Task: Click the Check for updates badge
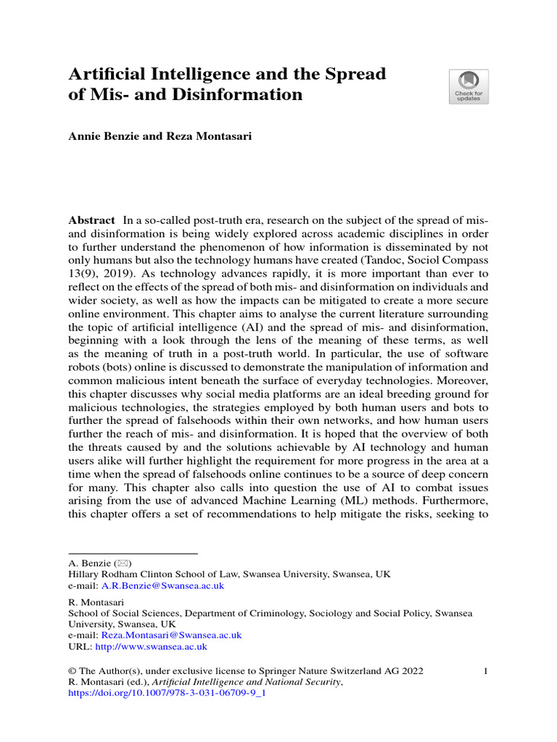tap(469, 87)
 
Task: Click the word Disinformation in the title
tap(244, 94)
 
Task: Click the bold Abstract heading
tap(91, 220)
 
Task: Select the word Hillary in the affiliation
tap(85, 574)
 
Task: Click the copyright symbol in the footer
tap(72, 671)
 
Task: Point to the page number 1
tap(485, 671)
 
